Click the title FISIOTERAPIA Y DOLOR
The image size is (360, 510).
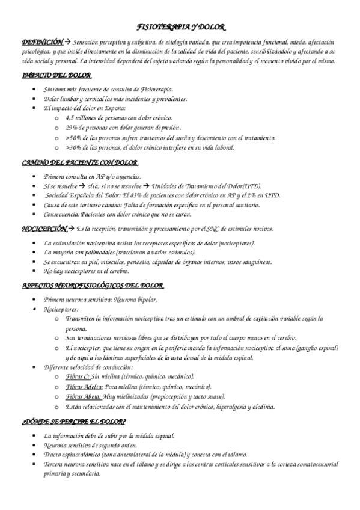(x=180, y=28)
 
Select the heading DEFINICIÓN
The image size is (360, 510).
(x=41, y=43)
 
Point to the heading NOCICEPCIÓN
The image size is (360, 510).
(x=42, y=229)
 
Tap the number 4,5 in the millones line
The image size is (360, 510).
(x=71, y=118)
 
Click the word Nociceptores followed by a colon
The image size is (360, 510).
(x=61, y=309)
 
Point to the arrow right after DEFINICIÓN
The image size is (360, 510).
(x=67, y=43)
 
